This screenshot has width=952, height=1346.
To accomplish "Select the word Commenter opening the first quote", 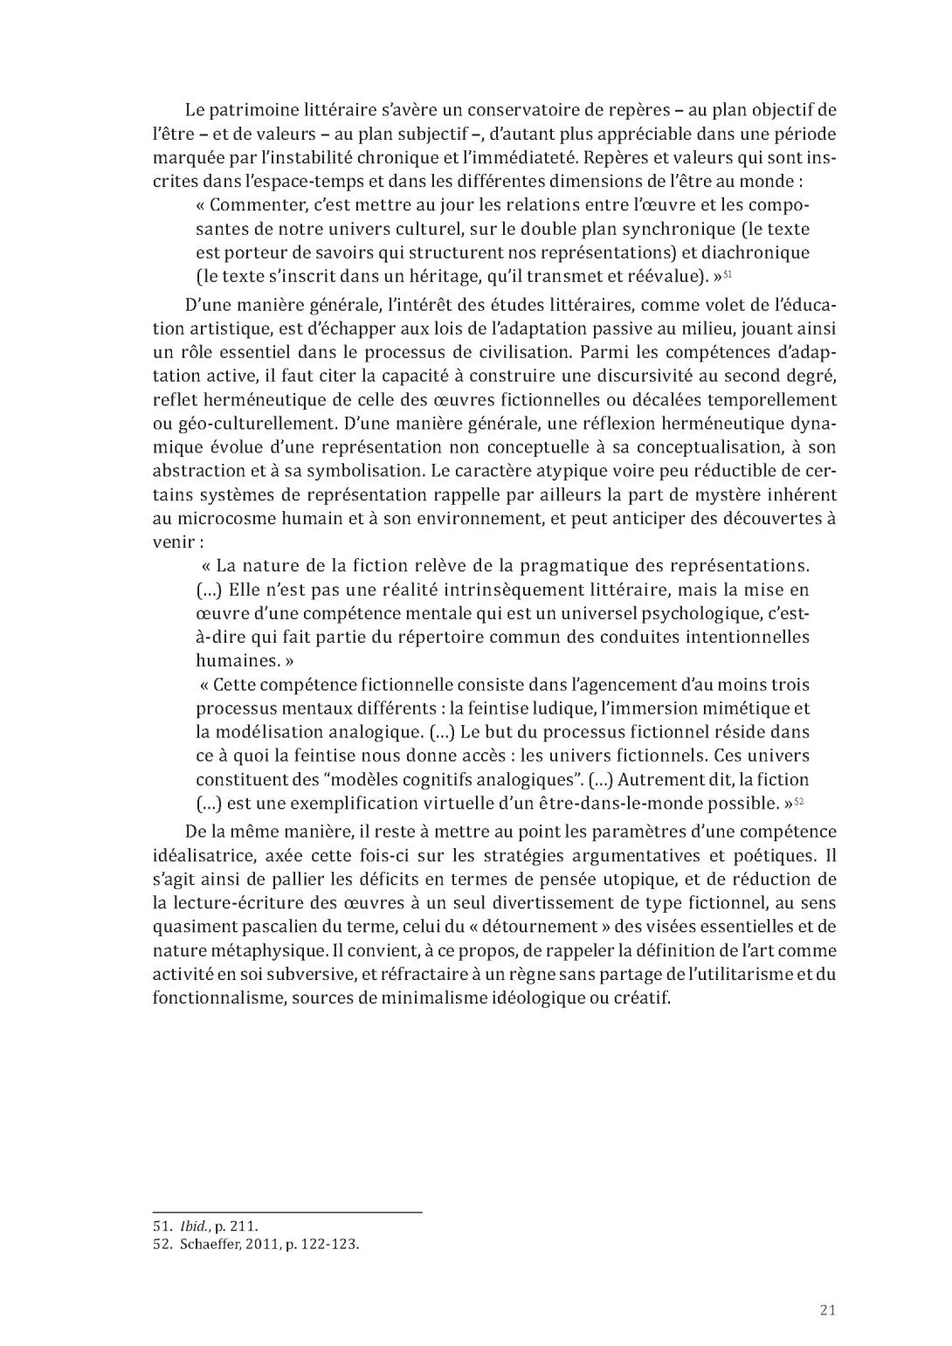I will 253,206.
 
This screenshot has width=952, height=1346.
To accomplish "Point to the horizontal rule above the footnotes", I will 287,1212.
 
